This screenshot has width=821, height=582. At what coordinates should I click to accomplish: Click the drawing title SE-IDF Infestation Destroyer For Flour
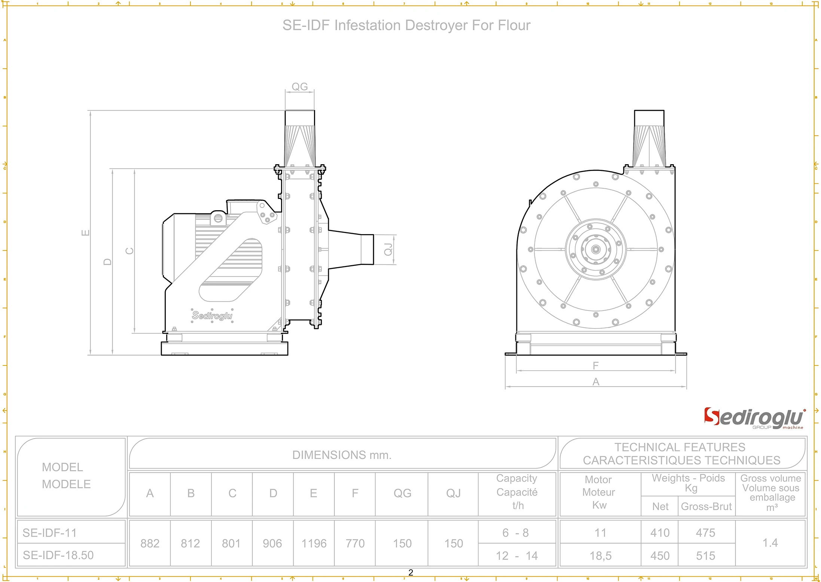click(x=406, y=25)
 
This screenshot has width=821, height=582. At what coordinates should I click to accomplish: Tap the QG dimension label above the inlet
click(x=299, y=87)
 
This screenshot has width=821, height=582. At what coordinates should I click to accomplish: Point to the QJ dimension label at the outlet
click(x=388, y=249)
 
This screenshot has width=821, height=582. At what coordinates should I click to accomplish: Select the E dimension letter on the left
click(x=86, y=233)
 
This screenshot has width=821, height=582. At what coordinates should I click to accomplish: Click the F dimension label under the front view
click(x=596, y=365)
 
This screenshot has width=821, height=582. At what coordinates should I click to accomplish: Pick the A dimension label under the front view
click(x=596, y=382)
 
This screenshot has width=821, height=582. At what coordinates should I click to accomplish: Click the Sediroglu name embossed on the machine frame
click(x=212, y=316)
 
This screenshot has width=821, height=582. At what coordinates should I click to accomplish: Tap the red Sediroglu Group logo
click(x=754, y=418)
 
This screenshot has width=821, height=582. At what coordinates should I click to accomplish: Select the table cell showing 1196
click(x=314, y=543)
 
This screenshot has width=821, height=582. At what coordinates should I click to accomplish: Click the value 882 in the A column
click(x=150, y=543)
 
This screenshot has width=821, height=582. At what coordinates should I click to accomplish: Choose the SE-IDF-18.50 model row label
click(x=58, y=555)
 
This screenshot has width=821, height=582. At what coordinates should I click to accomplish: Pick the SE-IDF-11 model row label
click(x=49, y=533)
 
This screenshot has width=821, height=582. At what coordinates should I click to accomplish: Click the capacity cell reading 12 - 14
click(x=516, y=556)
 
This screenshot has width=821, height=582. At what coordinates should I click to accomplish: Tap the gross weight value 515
click(x=705, y=556)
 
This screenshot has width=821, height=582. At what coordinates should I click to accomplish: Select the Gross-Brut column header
click(x=706, y=506)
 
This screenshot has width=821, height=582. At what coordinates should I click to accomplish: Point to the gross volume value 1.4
click(x=770, y=543)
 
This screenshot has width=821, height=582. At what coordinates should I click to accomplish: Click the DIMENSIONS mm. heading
click(x=342, y=455)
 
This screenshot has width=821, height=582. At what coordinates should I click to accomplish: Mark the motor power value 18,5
click(x=600, y=556)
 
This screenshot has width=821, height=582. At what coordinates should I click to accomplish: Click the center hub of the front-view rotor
click(x=596, y=249)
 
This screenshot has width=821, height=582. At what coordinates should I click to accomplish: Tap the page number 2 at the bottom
click(x=410, y=573)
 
